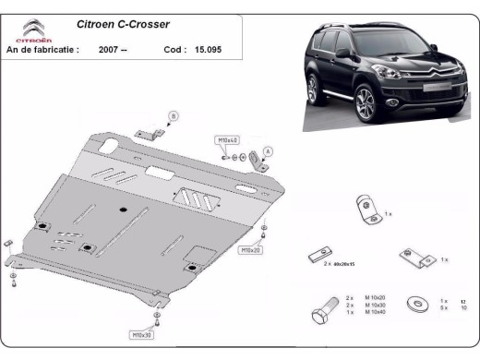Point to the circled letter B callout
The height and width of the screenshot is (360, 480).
(171, 115)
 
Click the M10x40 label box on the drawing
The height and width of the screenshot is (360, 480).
(227, 139)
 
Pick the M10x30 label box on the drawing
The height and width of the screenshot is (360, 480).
(142, 334)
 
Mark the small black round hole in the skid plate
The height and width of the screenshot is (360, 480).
(122, 210)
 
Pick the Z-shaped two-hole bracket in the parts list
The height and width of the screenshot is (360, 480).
(413, 258)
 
